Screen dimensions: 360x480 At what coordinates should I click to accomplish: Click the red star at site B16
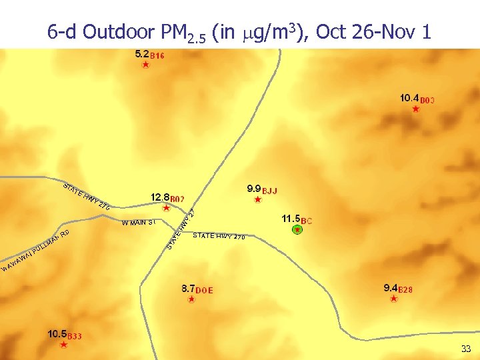point(146,65)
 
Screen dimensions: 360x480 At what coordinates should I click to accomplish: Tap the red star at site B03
point(416,109)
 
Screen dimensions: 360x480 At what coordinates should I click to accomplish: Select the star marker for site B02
point(167,208)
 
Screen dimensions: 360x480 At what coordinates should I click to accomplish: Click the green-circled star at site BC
point(297,229)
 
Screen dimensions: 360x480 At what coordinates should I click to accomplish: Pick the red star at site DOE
point(191,299)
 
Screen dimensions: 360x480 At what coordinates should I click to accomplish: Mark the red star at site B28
point(394,299)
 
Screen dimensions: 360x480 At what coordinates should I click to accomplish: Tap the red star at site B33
point(63,345)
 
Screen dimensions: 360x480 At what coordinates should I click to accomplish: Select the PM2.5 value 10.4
point(409,97)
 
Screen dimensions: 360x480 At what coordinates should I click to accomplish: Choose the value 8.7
point(187,289)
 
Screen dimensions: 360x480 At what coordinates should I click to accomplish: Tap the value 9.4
point(391,288)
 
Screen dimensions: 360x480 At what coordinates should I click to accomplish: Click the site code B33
point(75,336)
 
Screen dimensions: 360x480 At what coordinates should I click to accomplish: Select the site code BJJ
point(269,191)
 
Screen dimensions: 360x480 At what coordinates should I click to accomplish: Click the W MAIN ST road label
point(139,222)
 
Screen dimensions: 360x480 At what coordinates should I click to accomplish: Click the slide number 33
point(465,349)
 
